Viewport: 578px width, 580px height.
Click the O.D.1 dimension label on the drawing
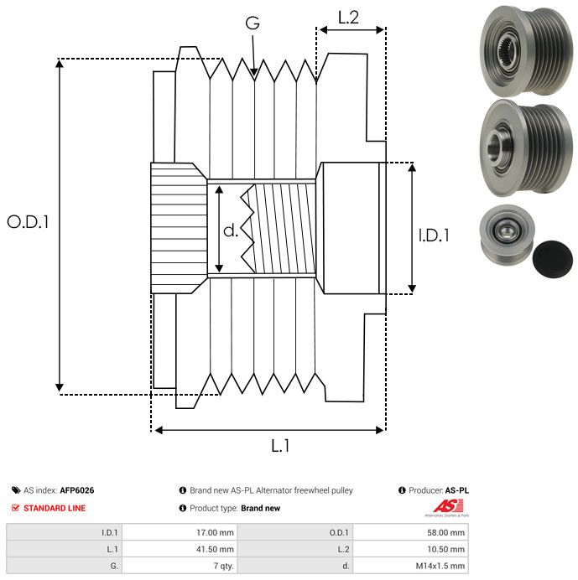tap(28, 222)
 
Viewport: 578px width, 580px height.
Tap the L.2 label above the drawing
tap(348, 18)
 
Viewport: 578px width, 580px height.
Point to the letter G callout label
tap(253, 23)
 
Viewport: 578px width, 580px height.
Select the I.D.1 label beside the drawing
tap(434, 236)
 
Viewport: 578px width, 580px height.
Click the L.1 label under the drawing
tap(280, 446)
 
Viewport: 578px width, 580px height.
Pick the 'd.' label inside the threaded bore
tap(231, 230)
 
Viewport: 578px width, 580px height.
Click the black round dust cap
tap(552, 258)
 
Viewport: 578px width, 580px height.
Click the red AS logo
tap(447, 506)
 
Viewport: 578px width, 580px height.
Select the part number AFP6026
tap(77, 490)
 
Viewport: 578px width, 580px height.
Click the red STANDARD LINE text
tap(55, 508)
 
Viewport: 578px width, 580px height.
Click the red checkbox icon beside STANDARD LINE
tap(16, 508)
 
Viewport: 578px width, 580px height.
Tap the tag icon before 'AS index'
tap(16, 490)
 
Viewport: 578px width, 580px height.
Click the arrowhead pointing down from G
tap(253, 72)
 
